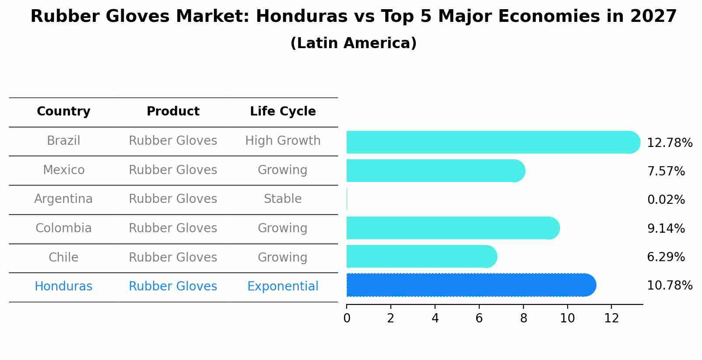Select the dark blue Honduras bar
(x=470, y=285)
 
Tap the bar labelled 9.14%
(x=453, y=228)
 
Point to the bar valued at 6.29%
(x=421, y=256)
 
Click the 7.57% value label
(x=666, y=171)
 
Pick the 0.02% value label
(x=666, y=200)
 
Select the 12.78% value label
(x=669, y=143)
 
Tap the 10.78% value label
(x=669, y=286)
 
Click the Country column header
(x=63, y=112)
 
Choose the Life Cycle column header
(x=283, y=112)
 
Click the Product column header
(x=173, y=112)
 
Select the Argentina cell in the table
(x=63, y=199)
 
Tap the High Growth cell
(x=283, y=141)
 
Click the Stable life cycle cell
(x=283, y=199)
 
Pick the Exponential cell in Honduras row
(x=283, y=287)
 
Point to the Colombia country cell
(x=63, y=228)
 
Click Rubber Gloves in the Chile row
(x=173, y=258)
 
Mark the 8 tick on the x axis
(x=523, y=318)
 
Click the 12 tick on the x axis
(x=611, y=318)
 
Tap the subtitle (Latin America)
(x=353, y=43)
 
